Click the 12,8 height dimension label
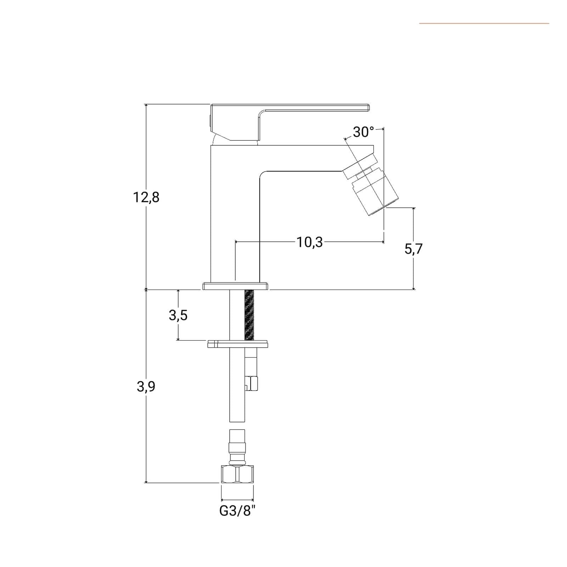[x=146, y=197]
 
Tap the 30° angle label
[x=363, y=132]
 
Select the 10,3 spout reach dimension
[x=310, y=242]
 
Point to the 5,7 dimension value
[x=414, y=249]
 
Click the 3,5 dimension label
[x=178, y=315]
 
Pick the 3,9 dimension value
[x=146, y=387]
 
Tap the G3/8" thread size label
[x=237, y=511]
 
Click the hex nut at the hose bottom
[x=237, y=474]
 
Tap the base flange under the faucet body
[x=236, y=286]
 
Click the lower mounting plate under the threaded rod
[x=237, y=344]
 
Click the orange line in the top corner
[x=484, y=23]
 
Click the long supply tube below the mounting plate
[x=237, y=384]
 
